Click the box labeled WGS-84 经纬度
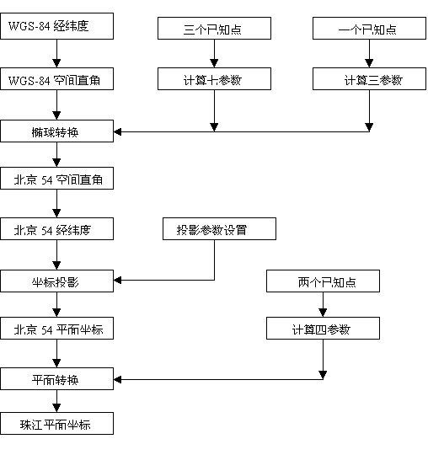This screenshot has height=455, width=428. point(57,26)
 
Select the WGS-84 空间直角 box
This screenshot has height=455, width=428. point(57,79)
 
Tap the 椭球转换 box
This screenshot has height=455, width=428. point(57,131)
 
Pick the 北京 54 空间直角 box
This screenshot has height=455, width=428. point(57,178)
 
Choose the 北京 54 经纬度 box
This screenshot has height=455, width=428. point(57,229)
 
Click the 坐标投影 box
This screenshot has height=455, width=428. point(57,281)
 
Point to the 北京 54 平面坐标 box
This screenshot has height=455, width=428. point(57,329)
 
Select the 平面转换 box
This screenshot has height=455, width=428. point(57,379)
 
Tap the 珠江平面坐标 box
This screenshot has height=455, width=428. point(57,423)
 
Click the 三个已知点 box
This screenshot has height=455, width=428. point(215,28)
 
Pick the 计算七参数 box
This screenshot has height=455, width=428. point(215,79)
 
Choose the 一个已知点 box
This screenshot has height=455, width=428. point(369,28)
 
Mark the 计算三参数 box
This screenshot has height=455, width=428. point(369,79)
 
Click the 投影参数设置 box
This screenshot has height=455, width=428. point(219,229)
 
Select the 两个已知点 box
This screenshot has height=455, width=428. point(323,281)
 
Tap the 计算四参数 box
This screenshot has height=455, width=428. point(323,329)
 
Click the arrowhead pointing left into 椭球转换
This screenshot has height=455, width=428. point(117,132)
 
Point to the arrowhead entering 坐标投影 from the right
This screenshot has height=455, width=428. point(117,281)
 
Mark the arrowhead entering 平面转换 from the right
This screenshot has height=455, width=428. point(117,379)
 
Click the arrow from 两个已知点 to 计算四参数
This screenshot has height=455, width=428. point(323,305)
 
